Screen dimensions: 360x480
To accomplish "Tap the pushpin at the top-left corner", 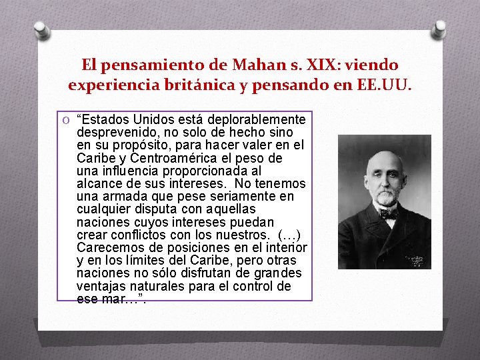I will click(x=42, y=29).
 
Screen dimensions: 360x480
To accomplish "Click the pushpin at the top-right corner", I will click(x=439, y=29).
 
